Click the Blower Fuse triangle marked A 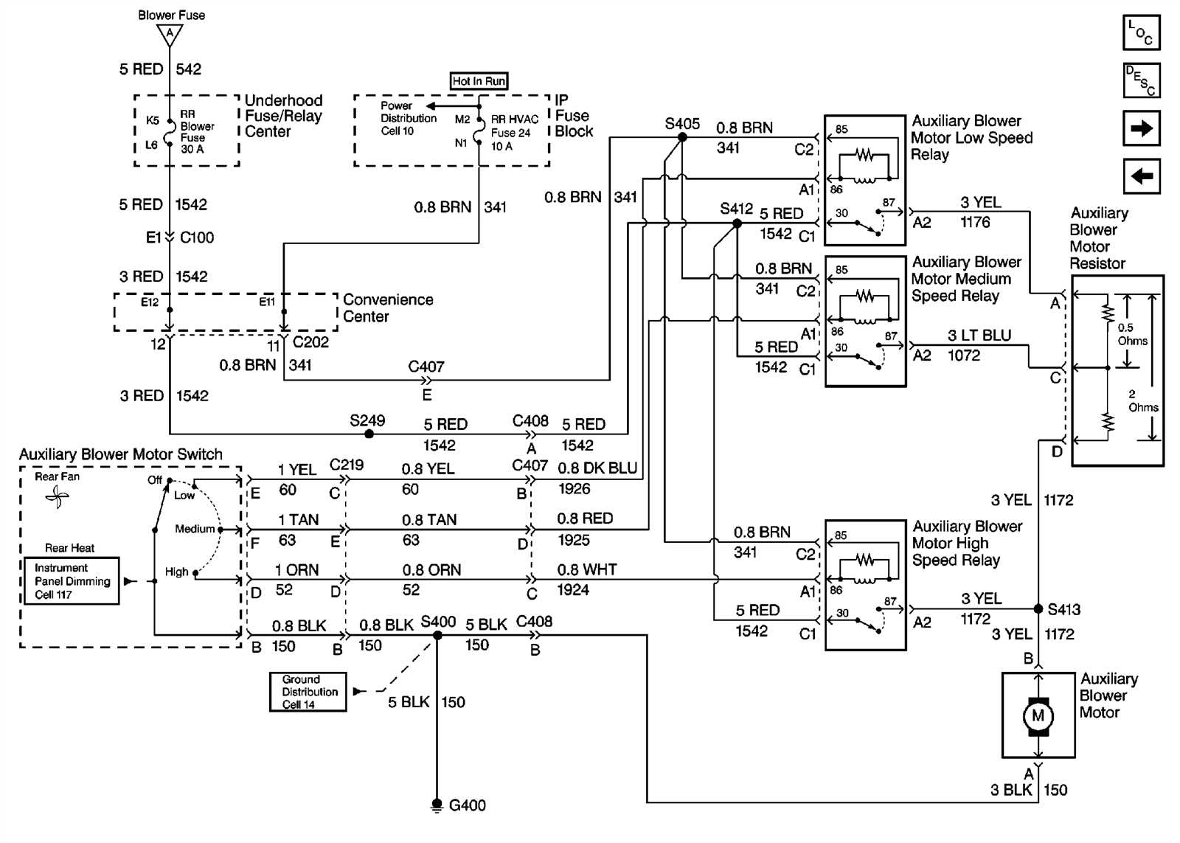tap(170, 34)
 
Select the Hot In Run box tap(479, 81)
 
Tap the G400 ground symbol tap(437, 805)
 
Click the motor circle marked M tap(1038, 715)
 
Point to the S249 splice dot tap(369, 434)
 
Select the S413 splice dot tap(1038, 609)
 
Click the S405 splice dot tap(682, 137)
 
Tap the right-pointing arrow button tap(1141, 128)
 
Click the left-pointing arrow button tap(1141, 176)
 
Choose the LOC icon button tap(1141, 32)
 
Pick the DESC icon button tap(1141, 80)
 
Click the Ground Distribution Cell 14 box tap(308, 692)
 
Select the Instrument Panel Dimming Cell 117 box tap(72, 581)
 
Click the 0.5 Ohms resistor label tap(1132, 334)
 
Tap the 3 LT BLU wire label tap(979, 336)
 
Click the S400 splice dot tap(437, 635)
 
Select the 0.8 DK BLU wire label tap(597, 468)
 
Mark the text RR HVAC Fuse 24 tap(514, 126)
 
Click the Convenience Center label tap(388, 308)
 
